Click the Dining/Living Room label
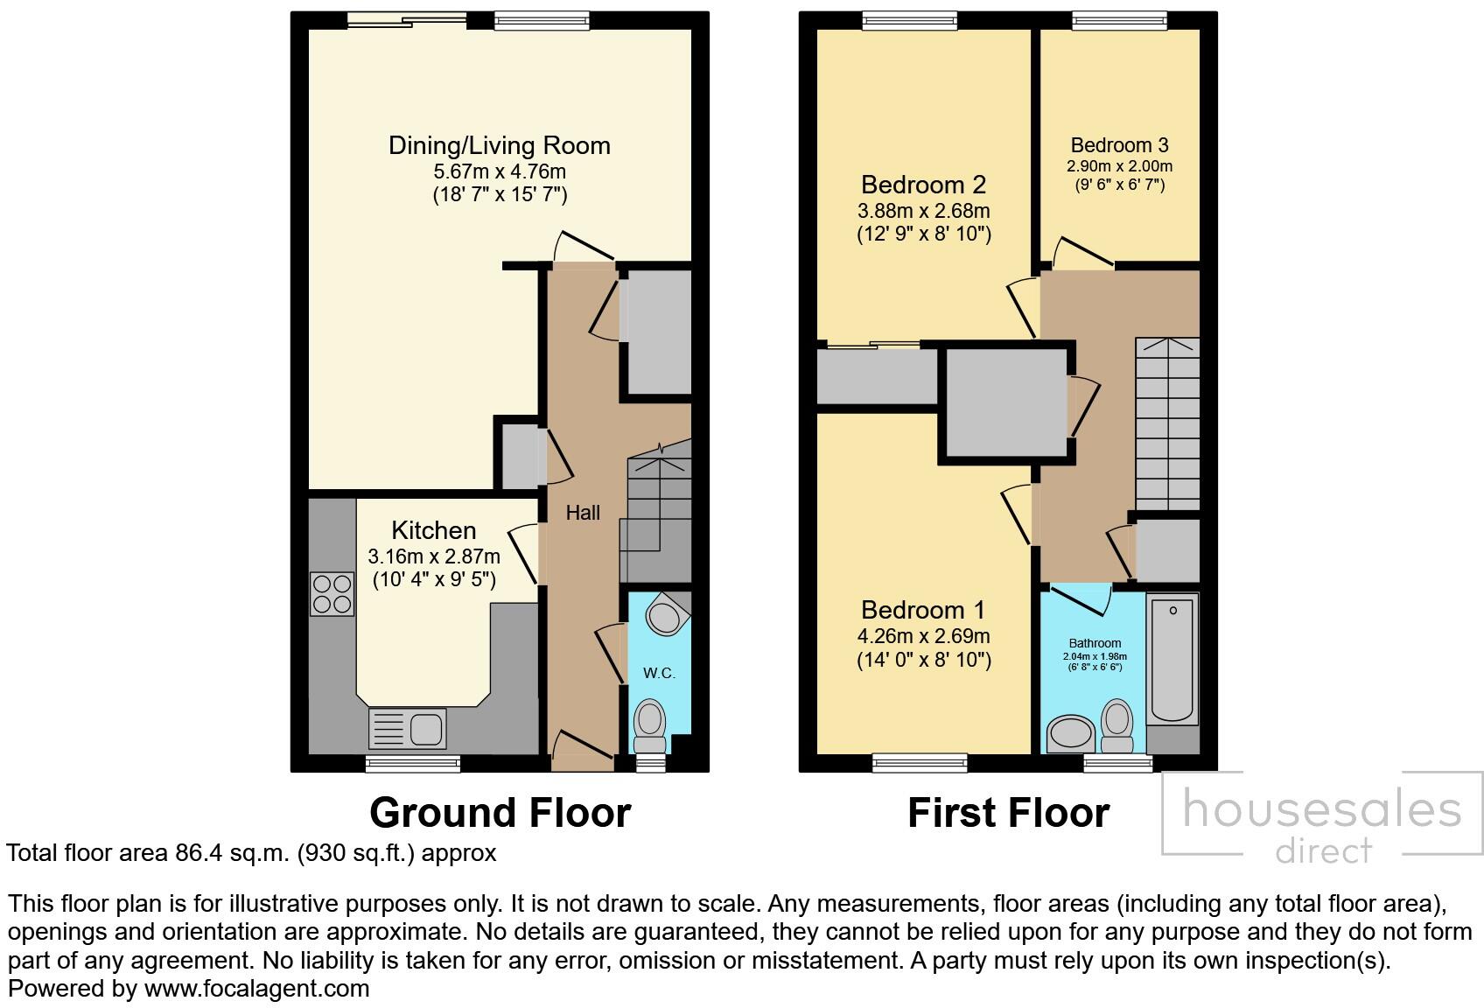click(x=499, y=145)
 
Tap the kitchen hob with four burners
click(x=332, y=594)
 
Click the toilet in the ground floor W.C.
click(x=649, y=724)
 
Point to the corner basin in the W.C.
click(x=667, y=614)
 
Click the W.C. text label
click(x=659, y=673)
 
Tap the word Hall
click(x=583, y=513)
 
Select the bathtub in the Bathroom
click(x=1172, y=658)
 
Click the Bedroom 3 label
click(x=1119, y=145)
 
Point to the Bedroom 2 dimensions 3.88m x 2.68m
click(x=923, y=211)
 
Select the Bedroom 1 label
click(x=923, y=610)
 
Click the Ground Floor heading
click(x=500, y=812)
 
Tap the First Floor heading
click(x=1008, y=812)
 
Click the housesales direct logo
click(x=1321, y=821)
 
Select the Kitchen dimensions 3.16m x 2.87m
click(x=434, y=556)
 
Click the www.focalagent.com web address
click(x=256, y=989)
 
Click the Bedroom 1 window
click(x=920, y=763)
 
